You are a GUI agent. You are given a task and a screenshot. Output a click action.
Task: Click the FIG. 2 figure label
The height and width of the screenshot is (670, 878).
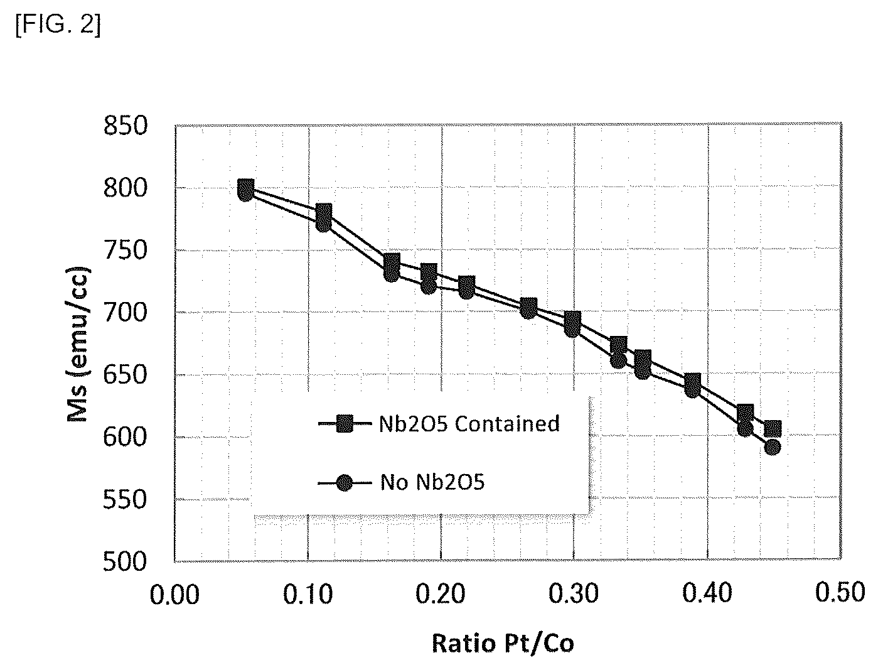coord(58,25)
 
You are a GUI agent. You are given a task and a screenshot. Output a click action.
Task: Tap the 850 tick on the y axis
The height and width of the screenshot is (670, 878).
coord(126,126)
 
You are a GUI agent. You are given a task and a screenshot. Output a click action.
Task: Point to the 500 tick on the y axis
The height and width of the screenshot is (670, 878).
coord(126,561)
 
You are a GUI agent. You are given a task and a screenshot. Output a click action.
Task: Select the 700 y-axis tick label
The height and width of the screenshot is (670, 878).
coord(126,313)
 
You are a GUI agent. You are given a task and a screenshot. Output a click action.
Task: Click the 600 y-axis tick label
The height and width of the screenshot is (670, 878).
coord(126,437)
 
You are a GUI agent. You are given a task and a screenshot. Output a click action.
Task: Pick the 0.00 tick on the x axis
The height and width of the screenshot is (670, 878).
coord(174,593)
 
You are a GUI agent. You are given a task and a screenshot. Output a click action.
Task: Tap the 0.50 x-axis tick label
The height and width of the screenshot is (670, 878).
coord(840,592)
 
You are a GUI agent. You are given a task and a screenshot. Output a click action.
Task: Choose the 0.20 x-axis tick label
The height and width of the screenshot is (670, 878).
coord(441,593)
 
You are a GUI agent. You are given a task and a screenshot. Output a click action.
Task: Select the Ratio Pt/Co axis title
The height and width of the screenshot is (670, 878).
coord(503,644)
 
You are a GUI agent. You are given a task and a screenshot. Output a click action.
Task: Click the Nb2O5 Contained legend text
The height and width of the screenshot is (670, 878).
coord(469,423)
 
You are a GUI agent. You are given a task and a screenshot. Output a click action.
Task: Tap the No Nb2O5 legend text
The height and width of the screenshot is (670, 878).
coord(432,482)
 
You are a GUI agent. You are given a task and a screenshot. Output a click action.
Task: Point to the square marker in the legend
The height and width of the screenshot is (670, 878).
coord(345,423)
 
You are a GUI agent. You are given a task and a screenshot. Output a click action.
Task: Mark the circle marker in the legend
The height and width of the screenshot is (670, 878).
coord(345,483)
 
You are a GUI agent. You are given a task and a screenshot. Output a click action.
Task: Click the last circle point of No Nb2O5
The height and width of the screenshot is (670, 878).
coord(773,448)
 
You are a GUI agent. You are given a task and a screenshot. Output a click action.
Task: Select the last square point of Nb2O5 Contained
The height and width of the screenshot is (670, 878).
coord(773,429)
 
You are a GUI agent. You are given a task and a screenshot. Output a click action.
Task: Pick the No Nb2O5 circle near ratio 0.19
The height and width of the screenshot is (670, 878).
coord(429,286)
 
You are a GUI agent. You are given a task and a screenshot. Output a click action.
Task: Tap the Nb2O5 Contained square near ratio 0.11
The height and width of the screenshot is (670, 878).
coord(324,212)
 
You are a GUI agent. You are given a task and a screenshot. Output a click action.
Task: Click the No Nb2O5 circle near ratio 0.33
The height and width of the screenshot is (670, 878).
coord(618,360)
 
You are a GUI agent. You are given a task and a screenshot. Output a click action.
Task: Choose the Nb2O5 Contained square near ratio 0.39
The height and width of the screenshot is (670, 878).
coord(692,382)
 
